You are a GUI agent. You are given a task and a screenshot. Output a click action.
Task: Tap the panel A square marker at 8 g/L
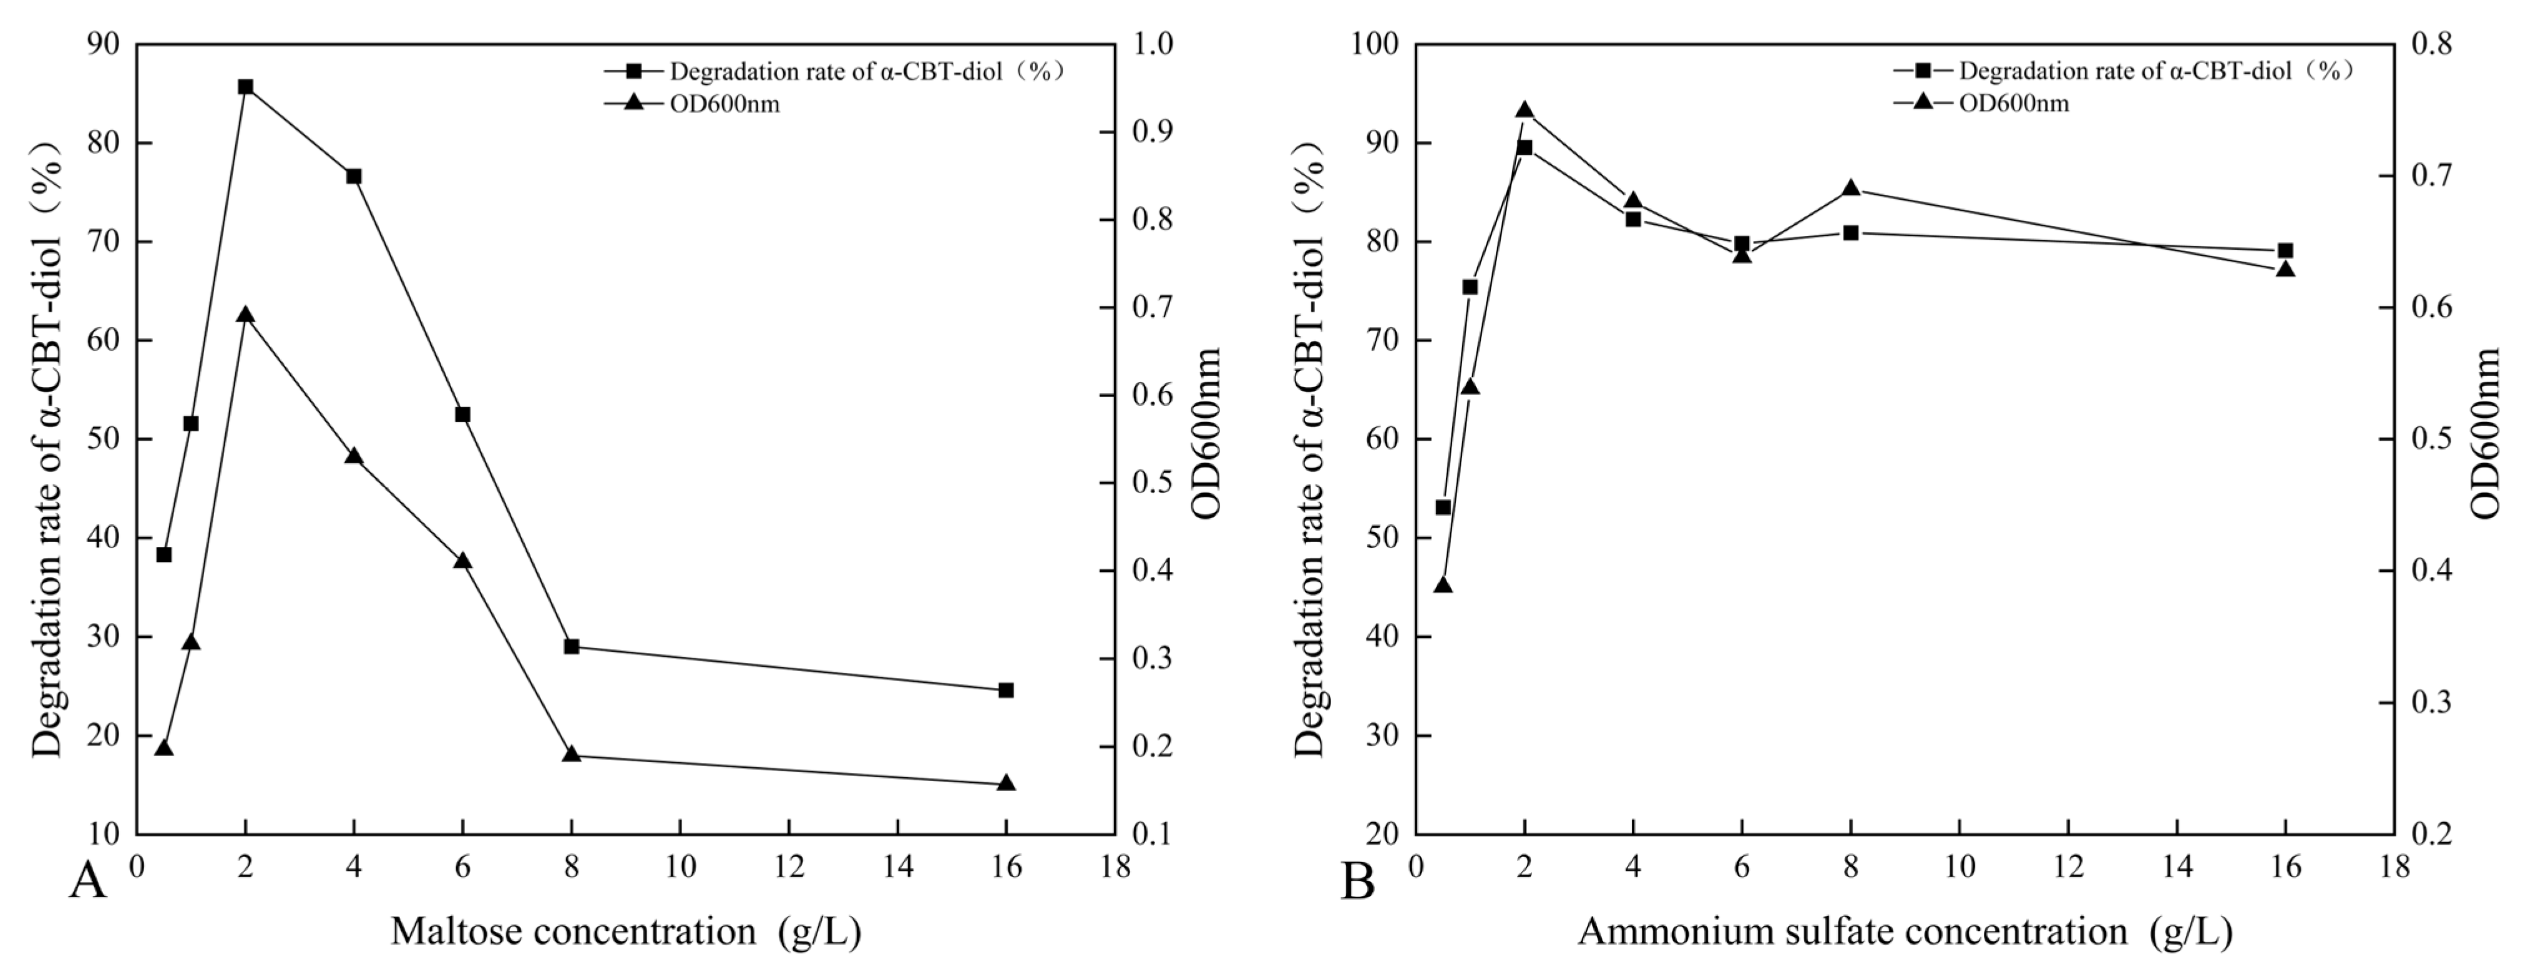[571, 646]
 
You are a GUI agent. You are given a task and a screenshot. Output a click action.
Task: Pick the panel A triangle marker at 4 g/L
[354, 456]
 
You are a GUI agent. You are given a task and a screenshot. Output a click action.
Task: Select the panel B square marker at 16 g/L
[2285, 250]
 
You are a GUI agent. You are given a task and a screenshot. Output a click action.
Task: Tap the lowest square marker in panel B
[1443, 507]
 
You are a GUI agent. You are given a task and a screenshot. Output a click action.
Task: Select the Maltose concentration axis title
[626, 931]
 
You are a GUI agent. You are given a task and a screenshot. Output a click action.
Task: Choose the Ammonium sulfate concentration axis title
[1905, 931]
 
